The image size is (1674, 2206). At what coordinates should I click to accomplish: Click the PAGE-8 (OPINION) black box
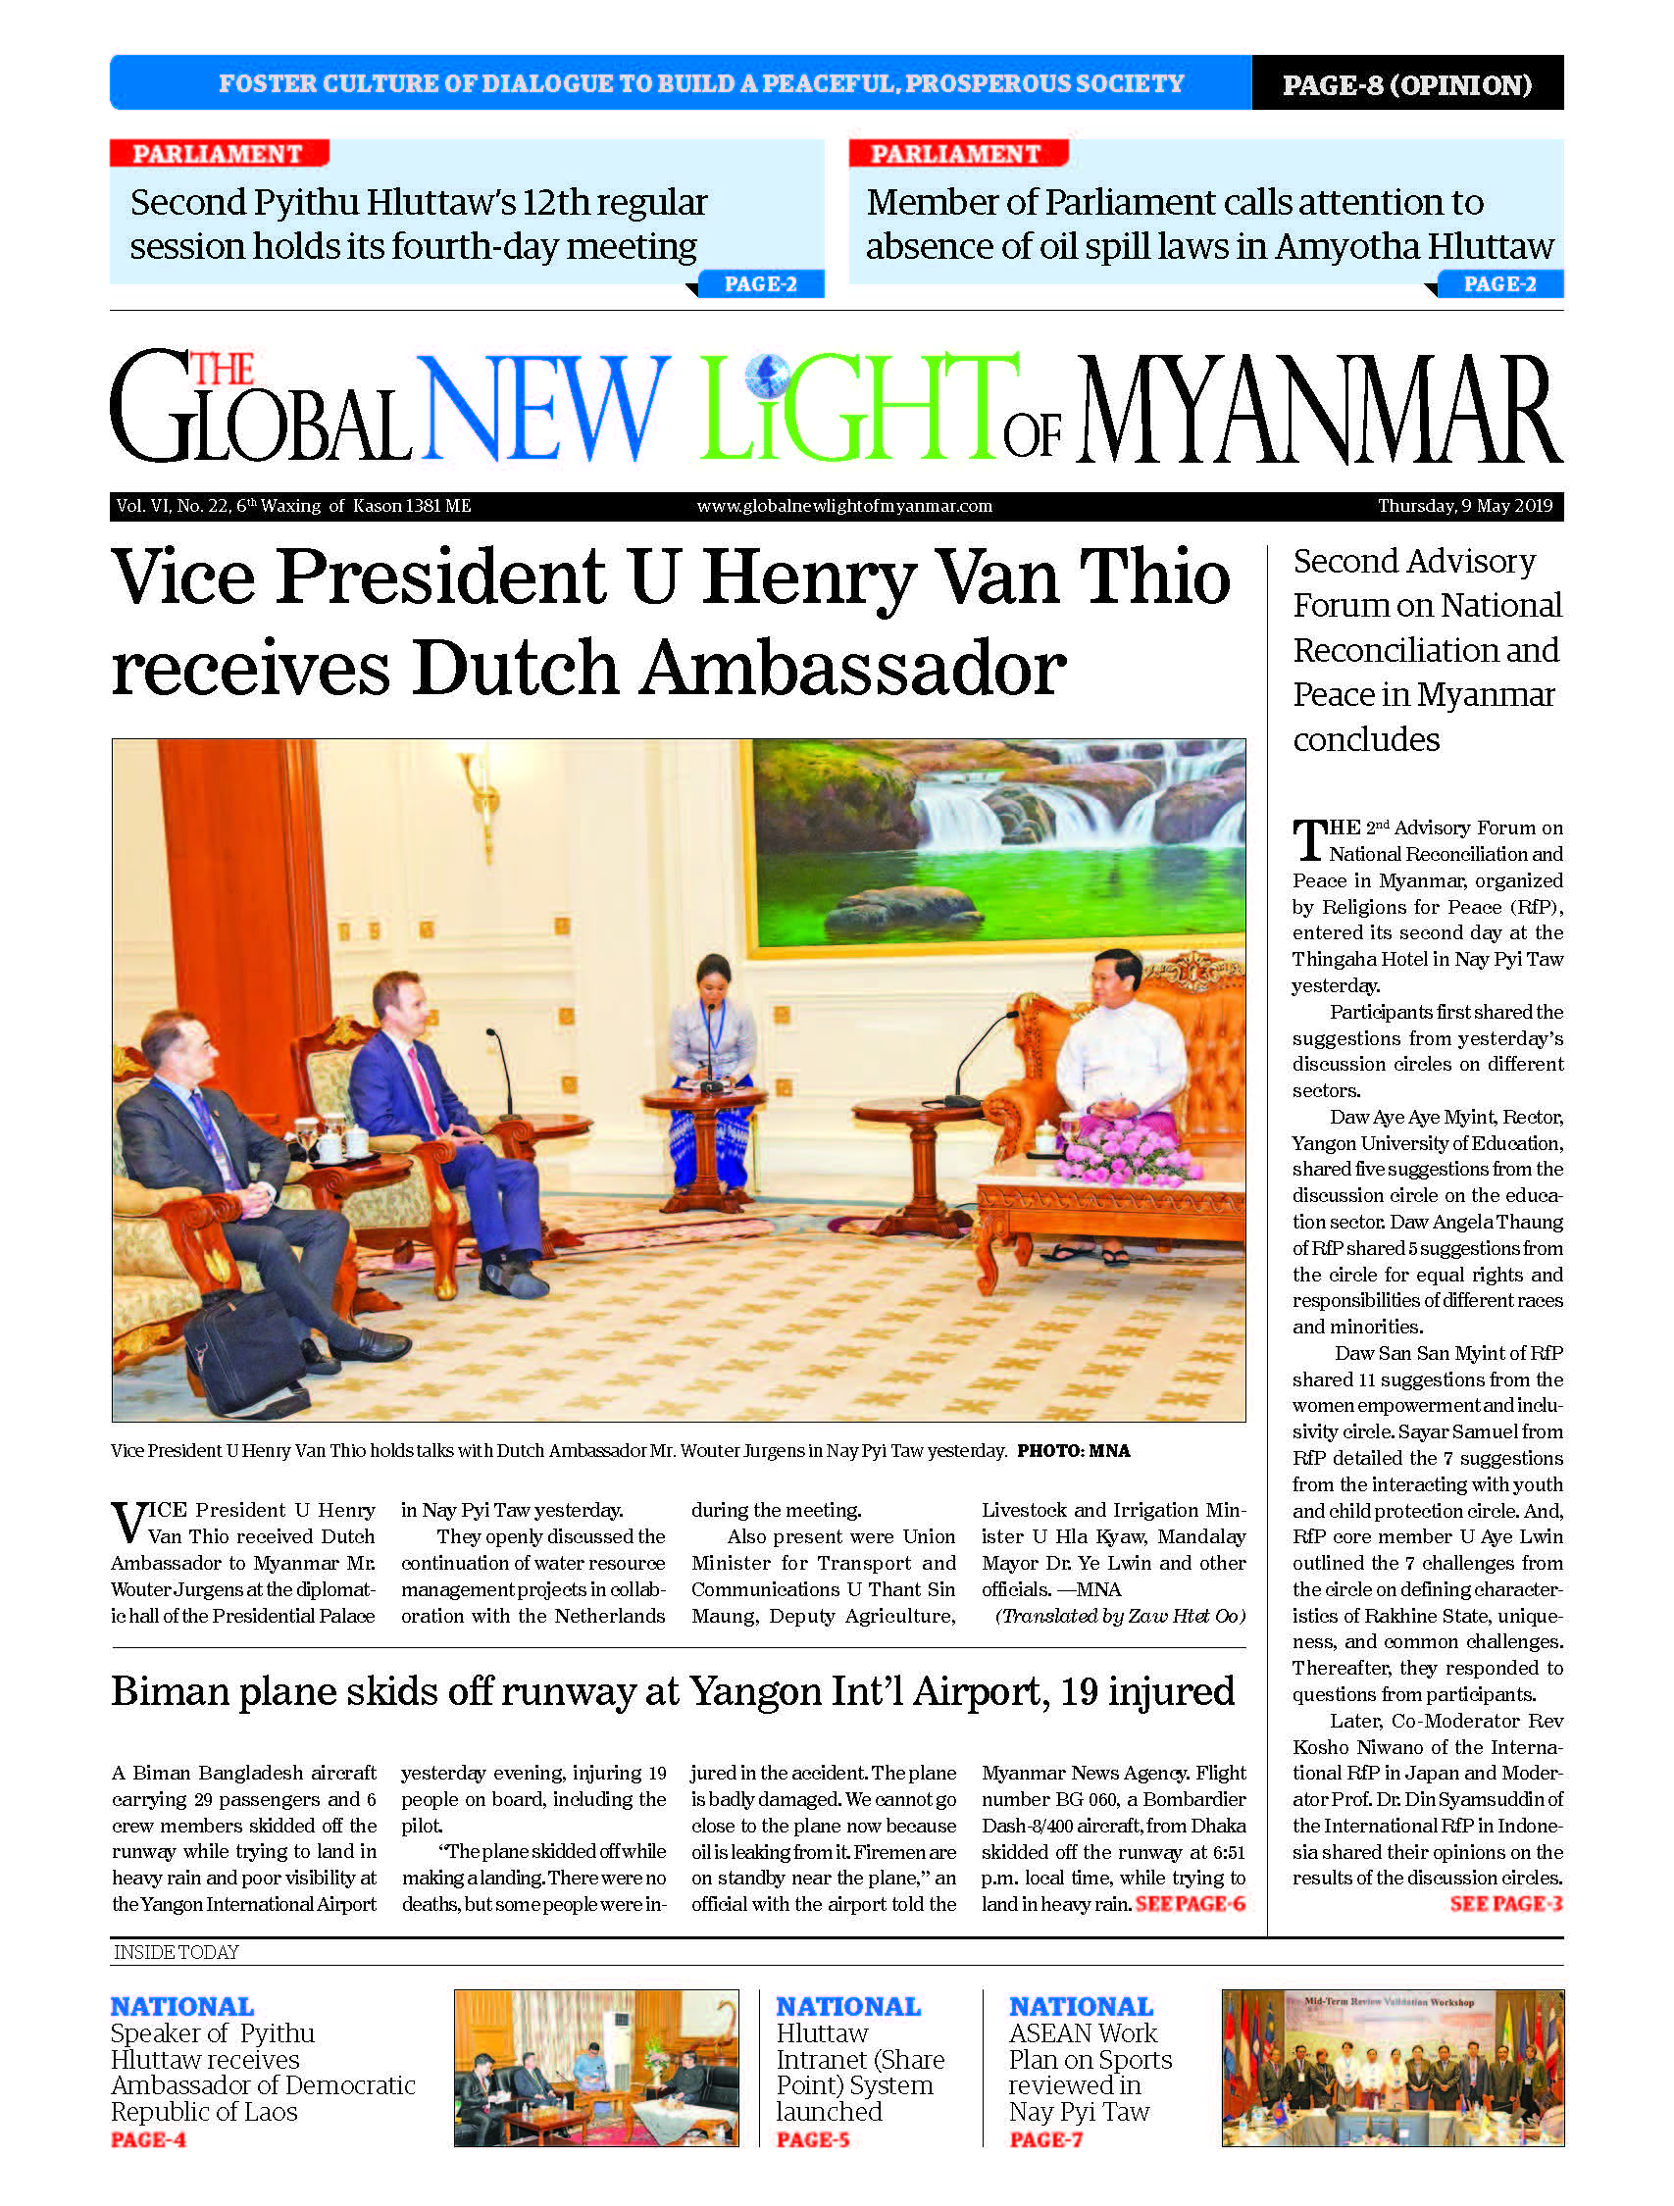pos(1406,83)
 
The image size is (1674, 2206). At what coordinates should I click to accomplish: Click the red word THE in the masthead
pos(222,370)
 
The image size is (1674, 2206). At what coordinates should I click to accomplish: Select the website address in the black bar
pos(844,506)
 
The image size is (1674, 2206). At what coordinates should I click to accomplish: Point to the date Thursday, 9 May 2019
pos(1464,506)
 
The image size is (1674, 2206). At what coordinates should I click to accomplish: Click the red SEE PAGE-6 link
pos(1191,1904)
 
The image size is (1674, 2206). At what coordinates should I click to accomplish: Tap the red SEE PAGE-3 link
pos(1505,1904)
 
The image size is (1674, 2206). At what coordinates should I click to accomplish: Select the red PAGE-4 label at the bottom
pos(148,2139)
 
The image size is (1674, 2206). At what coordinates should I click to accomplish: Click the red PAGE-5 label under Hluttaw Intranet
pos(812,2139)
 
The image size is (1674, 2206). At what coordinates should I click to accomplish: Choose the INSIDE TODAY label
pos(176,1953)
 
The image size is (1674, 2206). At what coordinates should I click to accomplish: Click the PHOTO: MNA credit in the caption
pos(1074,1451)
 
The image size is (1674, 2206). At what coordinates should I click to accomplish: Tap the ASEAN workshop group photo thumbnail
pos(1392,2068)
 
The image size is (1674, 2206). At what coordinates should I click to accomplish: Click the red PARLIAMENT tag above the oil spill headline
pos(956,154)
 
